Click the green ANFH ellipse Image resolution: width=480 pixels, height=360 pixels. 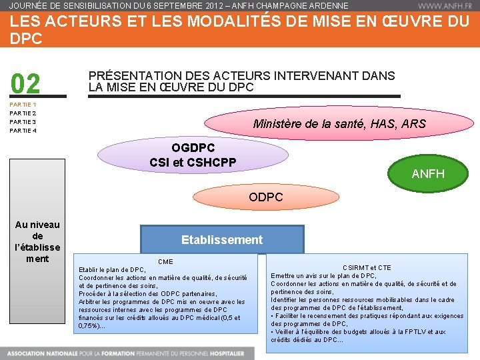[428, 173]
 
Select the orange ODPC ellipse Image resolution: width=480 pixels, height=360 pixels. [265, 197]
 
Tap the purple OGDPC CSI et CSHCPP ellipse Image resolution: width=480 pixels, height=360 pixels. [193, 155]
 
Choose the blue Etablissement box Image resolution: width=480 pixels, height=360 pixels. [222, 240]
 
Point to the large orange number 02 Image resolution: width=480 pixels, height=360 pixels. [26, 85]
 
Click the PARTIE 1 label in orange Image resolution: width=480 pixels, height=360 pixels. [23, 105]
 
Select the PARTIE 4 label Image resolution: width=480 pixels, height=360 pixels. [23, 131]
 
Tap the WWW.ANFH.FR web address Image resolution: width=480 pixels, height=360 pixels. [445, 6]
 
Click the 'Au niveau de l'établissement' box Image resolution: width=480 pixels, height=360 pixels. [37, 241]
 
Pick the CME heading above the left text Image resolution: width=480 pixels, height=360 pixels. [165, 262]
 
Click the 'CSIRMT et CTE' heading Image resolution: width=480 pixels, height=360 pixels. [367, 268]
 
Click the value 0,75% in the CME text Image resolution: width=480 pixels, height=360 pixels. [90, 326]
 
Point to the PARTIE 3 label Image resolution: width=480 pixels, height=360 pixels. [23, 122]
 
